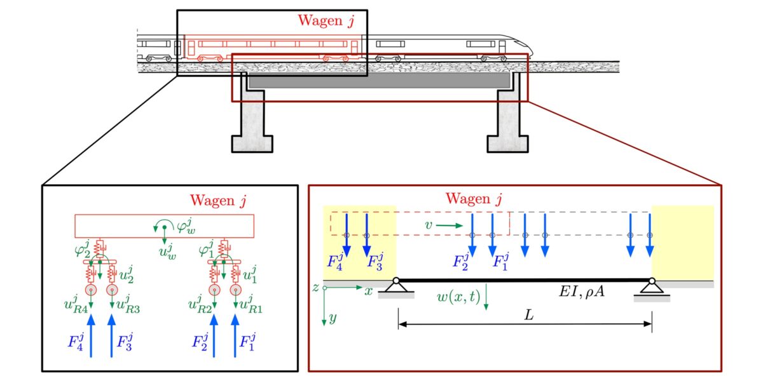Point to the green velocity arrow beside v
tap(451, 225)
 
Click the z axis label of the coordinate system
tap(315, 287)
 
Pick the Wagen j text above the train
tap(326, 20)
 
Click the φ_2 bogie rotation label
tap(81, 246)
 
